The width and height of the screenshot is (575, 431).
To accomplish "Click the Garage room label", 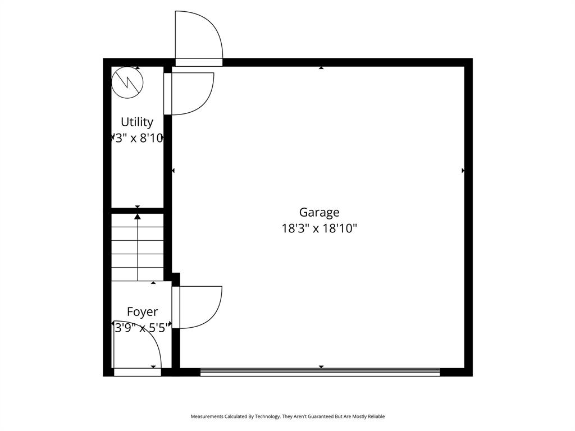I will (x=319, y=213).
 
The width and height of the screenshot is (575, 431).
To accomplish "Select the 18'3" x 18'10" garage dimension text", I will (x=319, y=228).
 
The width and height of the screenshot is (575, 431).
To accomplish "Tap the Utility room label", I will (x=137, y=122).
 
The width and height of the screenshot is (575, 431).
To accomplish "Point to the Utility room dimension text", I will (x=138, y=138).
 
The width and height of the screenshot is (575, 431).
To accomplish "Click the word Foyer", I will (x=142, y=312).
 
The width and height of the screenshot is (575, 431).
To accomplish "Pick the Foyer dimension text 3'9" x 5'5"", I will (x=141, y=328).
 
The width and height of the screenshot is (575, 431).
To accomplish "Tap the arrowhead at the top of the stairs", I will (x=138, y=216).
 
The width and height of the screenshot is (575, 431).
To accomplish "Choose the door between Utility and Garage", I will (x=190, y=93).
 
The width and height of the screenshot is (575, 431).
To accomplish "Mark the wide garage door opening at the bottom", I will (x=320, y=372).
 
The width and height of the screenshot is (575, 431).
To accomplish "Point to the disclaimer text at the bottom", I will (x=287, y=416).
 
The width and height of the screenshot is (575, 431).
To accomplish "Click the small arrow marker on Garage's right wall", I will (x=463, y=171).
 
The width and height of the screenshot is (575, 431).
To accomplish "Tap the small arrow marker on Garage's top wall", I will (x=321, y=68).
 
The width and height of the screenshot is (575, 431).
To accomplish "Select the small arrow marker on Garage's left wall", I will (x=174, y=171).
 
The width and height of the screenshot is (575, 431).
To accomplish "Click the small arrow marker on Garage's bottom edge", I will (x=321, y=367).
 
